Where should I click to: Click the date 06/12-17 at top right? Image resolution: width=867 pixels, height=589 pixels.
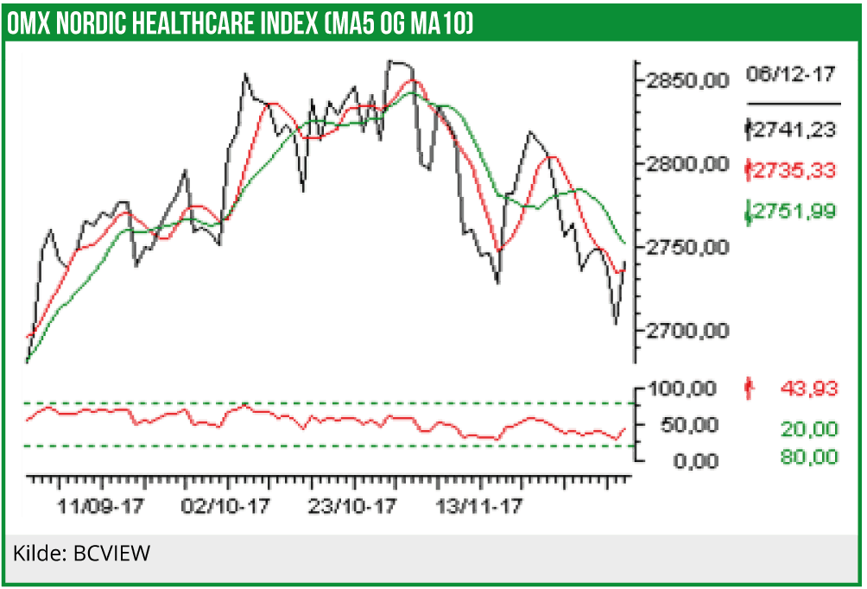pyautogui.click(x=789, y=74)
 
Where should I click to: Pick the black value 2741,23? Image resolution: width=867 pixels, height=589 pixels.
pyautogui.click(x=795, y=130)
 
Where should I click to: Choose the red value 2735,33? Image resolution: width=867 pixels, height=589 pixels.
pyautogui.click(x=795, y=170)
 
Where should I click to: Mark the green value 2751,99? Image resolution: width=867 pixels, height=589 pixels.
pyautogui.click(x=795, y=211)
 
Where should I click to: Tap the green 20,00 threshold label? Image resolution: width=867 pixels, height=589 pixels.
pyautogui.click(x=809, y=429)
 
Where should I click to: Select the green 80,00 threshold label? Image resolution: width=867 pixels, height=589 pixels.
pyautogui.click(x=809, y=456)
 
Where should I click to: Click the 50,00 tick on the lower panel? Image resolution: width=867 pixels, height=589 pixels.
pyautogui.click(x=688, y=425)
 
